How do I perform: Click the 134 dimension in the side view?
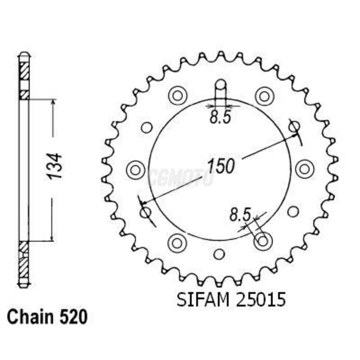click(x=55, y=166)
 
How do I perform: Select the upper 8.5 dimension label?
click(x=220, y=118)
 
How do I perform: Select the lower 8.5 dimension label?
click(x=240, y=215)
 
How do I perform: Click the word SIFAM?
click(x=203, y=300)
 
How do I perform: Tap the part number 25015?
click(x=261, y=300)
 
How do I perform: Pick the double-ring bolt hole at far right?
click(x=305, y=169)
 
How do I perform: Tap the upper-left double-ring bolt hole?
click(x=177, y=96)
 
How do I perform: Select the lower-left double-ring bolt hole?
click(x=177, y=243)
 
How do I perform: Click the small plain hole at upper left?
click(x=147, y=127)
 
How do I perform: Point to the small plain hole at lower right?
click(x=293, y=211)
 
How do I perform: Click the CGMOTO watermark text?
click(x=181, y=177)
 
